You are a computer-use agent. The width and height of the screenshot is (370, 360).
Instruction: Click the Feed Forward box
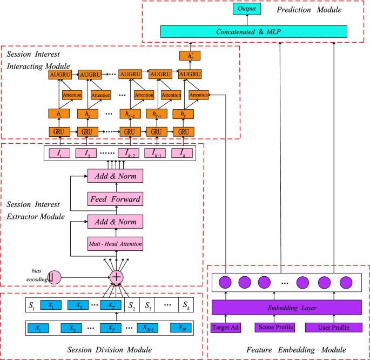(x=115, y=199)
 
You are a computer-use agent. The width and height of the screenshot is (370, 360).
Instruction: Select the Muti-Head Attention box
(x=115, y=244)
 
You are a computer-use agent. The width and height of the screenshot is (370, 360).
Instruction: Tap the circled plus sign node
(x=116, y=277)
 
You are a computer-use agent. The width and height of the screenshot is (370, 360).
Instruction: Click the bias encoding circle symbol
(x=53, y=277)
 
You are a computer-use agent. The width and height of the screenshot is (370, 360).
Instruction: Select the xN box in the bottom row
(x=183, y=328)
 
